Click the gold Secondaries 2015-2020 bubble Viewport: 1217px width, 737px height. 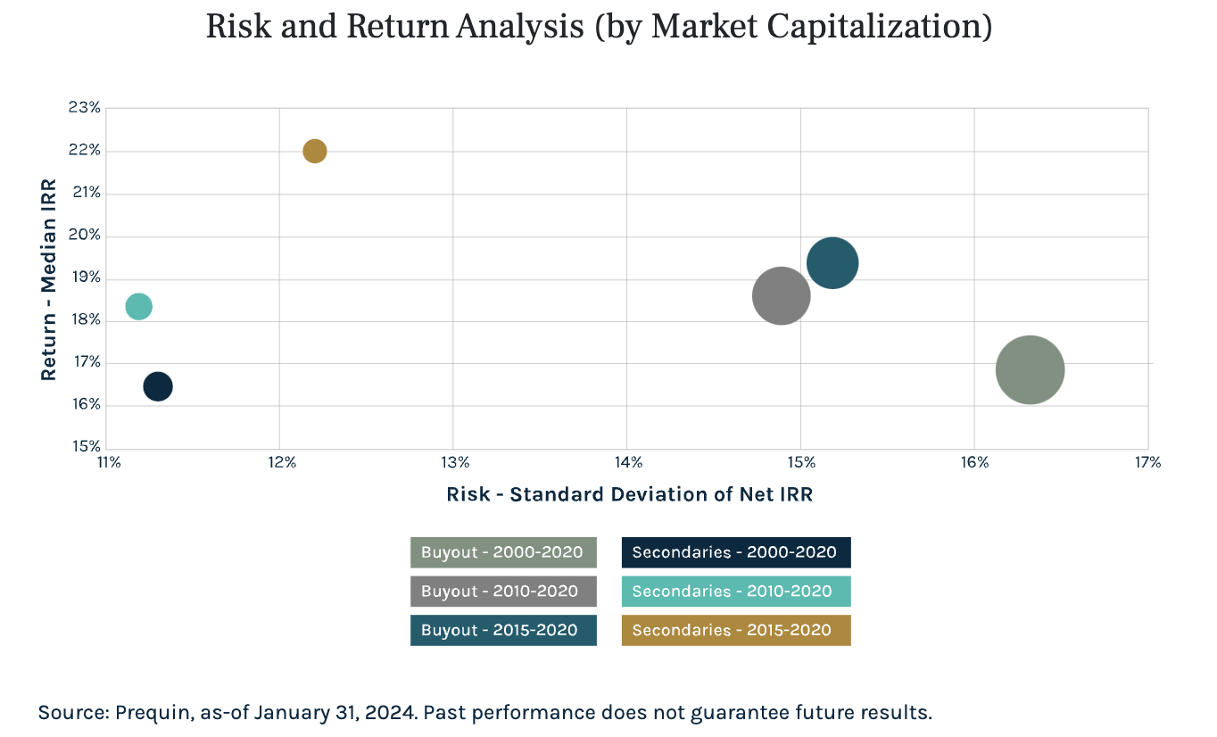[x=314, y=151]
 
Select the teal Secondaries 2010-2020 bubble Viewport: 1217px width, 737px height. [x=138, y=307]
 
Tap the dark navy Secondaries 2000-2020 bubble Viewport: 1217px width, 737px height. [x=158, y=386]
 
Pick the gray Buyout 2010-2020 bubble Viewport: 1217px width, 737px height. [x=781, y=295]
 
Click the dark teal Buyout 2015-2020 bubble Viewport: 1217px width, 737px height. [x=832, y=263]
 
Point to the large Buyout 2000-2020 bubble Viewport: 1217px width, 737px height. [x=1030, y=369]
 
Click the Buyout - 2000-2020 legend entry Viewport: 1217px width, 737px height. [x=503, y=552]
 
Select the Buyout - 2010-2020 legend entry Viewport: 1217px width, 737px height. [x=503, y=591]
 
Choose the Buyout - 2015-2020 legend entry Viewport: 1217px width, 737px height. [x=503, y=630]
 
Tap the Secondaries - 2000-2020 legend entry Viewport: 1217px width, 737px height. [x=736, y=552]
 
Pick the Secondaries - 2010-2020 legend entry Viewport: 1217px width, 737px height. [x=736, y=591]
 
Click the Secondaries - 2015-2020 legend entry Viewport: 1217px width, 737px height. [x=736, y=630]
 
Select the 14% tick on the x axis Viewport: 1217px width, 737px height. [x=627, y=462]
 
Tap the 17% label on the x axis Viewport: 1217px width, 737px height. [x=1147, y=462]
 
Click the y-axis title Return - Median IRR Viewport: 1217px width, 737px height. [x=48, y=279]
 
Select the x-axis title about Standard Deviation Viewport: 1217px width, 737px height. [x=629, y=493]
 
